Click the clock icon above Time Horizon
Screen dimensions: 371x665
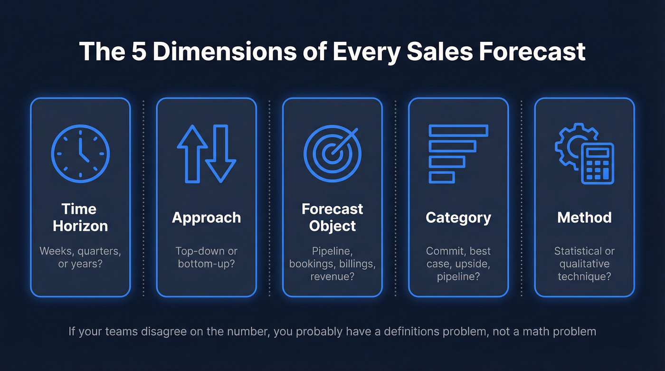point(80,153)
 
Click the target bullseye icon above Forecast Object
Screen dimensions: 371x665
point(332,153)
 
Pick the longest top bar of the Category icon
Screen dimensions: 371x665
point(458,130)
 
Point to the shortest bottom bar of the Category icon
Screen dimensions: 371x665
point(442,177)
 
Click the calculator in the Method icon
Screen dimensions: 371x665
point(597,163)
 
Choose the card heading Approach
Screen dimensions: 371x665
point(206,218)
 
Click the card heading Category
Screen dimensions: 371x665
point(458,218)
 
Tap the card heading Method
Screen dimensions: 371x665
point(584,218)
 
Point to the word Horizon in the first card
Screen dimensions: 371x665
point(80,226)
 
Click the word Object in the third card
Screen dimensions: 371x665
point(332,226)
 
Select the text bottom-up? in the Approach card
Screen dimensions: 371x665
point(206,263)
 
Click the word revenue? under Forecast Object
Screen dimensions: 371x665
point(332,276)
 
